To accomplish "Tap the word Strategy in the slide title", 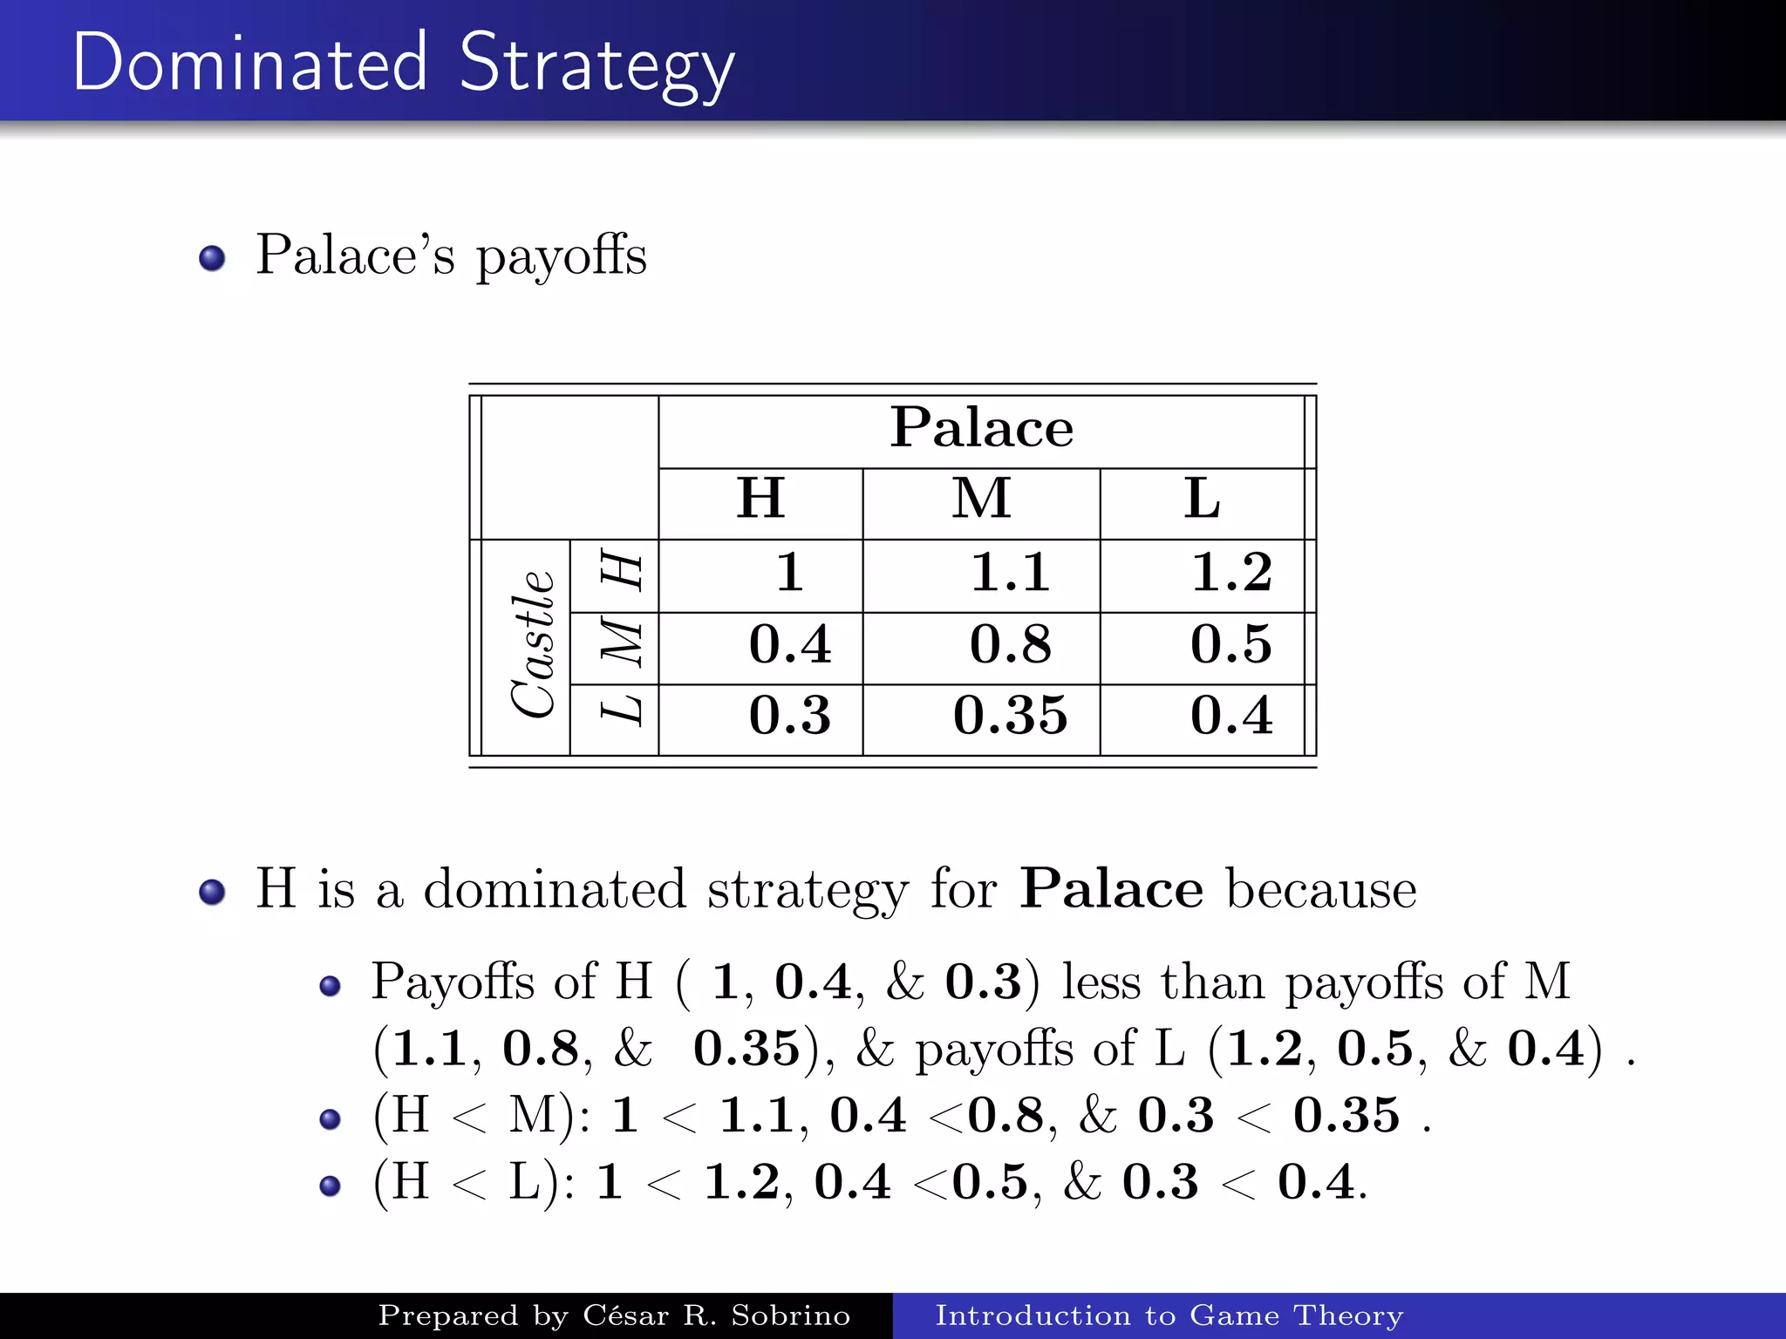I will (596, 65).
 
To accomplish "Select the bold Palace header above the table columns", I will (981, 428).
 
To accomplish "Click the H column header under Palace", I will (760, 499).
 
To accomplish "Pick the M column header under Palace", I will (981, 499).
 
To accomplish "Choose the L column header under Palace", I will (1202, 499).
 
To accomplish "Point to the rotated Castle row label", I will (532, 645).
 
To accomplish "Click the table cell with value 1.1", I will (1010, 573).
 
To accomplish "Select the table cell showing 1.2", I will (1231, 573).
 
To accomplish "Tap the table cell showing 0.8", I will (1010, 645).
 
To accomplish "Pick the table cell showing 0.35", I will (1010, 716).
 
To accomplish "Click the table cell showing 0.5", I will (1231, 645).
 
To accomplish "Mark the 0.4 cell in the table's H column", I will (790, 645).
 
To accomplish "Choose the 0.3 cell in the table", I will (790, 716).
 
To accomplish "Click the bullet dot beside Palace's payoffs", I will (212, 259).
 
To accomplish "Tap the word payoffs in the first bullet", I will (561, 257).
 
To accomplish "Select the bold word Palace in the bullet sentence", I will (1112, 889).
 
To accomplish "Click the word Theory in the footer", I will (1348, 1315).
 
